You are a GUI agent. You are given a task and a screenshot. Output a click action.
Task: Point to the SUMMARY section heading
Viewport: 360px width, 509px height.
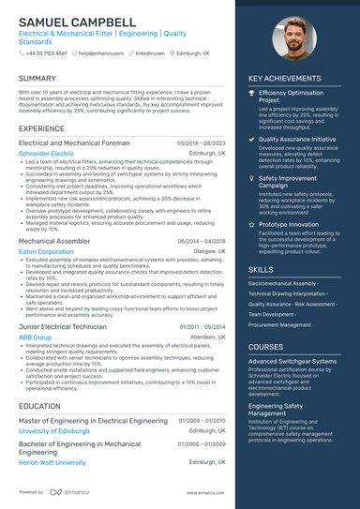click(37, 79)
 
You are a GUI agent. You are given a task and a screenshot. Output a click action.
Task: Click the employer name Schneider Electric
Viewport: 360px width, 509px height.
click(46, 153)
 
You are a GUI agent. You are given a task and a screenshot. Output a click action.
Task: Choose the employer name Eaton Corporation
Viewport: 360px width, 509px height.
click(46, 252)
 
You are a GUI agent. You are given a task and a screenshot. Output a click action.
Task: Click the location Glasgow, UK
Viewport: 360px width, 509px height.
click(209, 252)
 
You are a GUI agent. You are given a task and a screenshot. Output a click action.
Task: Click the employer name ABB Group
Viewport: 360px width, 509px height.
click(36, 337)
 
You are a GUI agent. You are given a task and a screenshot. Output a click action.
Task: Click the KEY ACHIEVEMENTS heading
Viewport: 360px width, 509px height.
click(286, 79)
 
